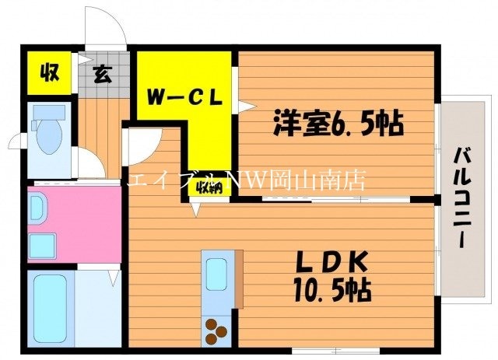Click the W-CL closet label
186,98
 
